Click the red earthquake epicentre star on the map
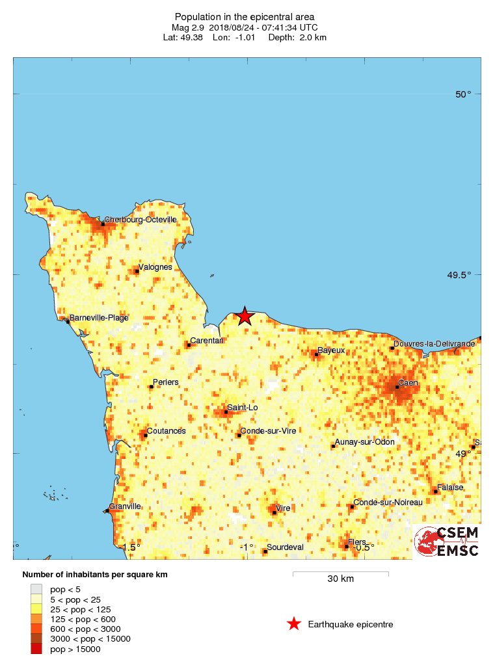(x=244, y=316)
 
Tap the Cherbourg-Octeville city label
(x=140, y=220)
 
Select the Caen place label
(x=408, y=383)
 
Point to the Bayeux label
(x=331, y=350)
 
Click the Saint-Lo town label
(x=242, y=408)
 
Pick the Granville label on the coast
(x=125, y=506)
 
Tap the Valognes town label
(x=155, y=267)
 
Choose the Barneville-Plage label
(x=99, y=318)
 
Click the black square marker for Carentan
(x=189, y=345)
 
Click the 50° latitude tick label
(x=463, y=94)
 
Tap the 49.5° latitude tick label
(x=459, y=274)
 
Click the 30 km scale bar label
(x=340, y=579)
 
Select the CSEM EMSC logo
(x=448, y=541)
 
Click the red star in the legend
(x=294, y=625)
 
